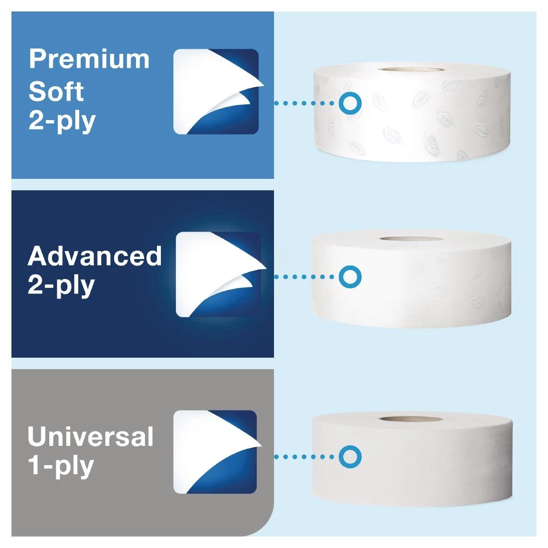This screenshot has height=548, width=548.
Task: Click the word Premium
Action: coord(89,59)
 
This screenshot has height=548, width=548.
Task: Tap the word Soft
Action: coord(56,91)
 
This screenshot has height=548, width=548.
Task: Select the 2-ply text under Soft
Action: coord(62,121)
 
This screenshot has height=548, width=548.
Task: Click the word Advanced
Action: coord(95,256)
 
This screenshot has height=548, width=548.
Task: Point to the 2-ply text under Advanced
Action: coord(61,285)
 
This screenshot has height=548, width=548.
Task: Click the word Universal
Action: coord(90,436)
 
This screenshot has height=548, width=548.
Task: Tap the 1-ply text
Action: coord(61,466)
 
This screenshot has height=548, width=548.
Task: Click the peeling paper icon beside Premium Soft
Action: coord(216,92)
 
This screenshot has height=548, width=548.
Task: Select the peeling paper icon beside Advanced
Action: coord(219,274)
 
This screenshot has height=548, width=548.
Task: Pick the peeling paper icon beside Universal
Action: coord(215,451)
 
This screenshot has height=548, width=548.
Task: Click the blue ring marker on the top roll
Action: coord(350,103)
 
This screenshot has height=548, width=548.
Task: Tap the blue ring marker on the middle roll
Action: coord(350,276)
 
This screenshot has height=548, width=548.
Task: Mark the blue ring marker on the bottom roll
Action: coord(350,456)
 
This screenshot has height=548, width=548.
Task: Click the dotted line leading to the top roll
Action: coord(305,103)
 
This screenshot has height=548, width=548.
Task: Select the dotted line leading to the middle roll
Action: coord(305,276)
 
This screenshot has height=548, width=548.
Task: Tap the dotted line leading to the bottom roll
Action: coord(305,456)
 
